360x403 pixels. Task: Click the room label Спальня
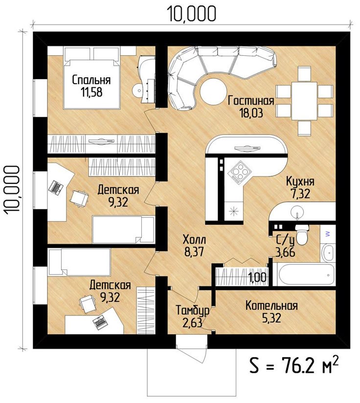click(x=91, y=80)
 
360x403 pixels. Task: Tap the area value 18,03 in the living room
click(x=251, y=112)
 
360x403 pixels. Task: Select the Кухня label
click(x=300, y=181)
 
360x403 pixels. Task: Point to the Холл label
click(x=194, y=240)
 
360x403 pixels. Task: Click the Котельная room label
click(x=271, y=306)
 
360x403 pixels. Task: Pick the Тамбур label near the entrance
click(x=192, y=310)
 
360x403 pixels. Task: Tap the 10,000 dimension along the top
click(x=192, y=13)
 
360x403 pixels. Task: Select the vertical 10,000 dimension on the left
click(x=12, y=189)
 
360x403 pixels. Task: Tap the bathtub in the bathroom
click(x=304, y=274)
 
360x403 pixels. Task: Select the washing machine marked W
click(x=328, y=234)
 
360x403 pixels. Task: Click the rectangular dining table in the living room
click(x=304, y=101)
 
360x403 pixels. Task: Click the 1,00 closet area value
click(x=257, y=277)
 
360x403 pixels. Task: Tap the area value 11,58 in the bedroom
click(x=92, y=92)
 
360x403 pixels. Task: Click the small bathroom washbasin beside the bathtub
click(x=328, y=253)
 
